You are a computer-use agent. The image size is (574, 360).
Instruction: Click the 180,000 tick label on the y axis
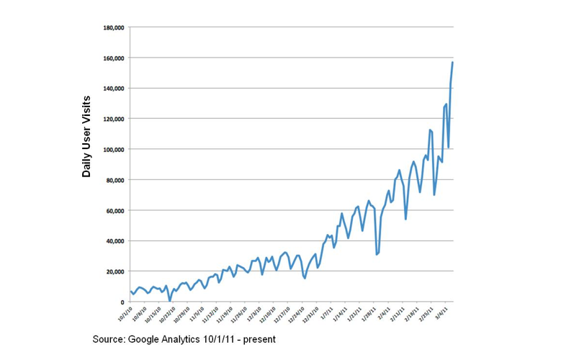pos(114,27)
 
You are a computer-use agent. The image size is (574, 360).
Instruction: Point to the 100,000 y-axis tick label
pos(114,149)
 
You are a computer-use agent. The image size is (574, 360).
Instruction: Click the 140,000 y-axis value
pos(114,88)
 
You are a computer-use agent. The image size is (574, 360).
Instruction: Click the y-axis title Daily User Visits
pos(87,136)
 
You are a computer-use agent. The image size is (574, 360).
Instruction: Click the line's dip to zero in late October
pos(170,300)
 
